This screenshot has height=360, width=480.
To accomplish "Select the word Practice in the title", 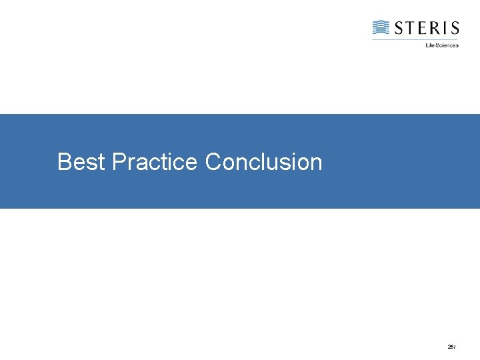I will click(x=155, y=162).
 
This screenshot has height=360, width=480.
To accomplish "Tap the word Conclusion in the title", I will click(x=263, y=162).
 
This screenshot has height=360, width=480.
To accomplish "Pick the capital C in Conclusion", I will click(x=213, y=162).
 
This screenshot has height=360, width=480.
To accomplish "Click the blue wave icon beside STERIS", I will click(x=381, y=27).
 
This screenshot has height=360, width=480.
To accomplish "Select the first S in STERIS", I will click(x=399, y=28).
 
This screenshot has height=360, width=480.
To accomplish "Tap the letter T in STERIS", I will click(x=411, y=28).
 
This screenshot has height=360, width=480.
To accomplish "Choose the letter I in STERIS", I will click(x=445, y=28).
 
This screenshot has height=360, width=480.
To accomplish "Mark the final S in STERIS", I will click(x=454, y=28).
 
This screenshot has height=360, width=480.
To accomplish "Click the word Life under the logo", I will click(x=429, y=45).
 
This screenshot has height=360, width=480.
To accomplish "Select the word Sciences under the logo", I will click(x=447, y=45).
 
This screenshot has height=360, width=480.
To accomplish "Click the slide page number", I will click(x=451, y=347).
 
